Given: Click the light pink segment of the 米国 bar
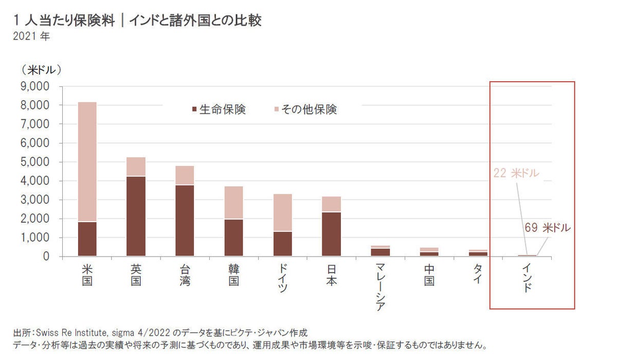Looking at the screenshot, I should coord(87,161).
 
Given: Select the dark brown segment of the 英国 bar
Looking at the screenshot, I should coord(136,216).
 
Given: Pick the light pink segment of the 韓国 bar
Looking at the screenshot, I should coord(233,203).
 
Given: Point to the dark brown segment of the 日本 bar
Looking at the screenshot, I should coord(331,233).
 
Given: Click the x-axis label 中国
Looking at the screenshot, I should coord(429,275).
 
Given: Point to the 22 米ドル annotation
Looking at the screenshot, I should coord(516,173).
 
